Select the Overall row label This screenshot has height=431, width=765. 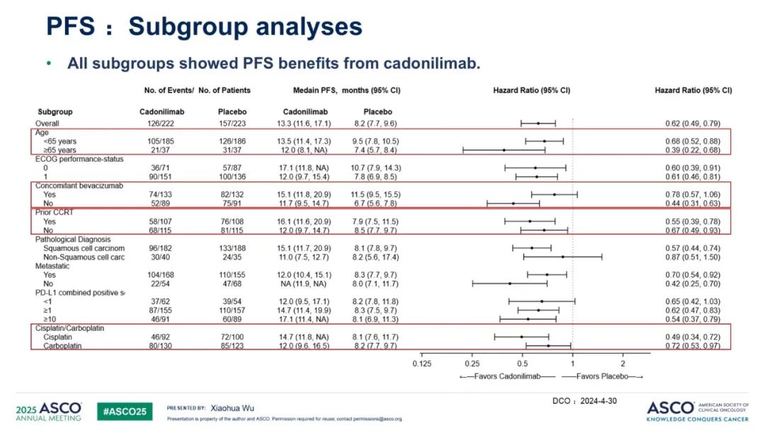[x=48, y=123]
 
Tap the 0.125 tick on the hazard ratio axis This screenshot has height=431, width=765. [x=422, y=363]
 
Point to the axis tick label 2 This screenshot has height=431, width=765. [x=623, y=363]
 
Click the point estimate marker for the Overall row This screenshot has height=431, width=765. [x=538, y=123]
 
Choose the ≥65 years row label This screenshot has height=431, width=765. [x=62, y=150]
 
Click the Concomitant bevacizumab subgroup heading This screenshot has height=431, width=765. [x=79, y=185]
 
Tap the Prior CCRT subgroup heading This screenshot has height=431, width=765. [x=54, y=212]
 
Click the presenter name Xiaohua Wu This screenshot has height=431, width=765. [x=232, y=408]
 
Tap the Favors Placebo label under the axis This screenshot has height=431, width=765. [x=603, y=376]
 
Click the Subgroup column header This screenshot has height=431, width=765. [x=55, y=112]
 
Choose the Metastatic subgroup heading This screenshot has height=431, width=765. [x=55, y=265]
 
